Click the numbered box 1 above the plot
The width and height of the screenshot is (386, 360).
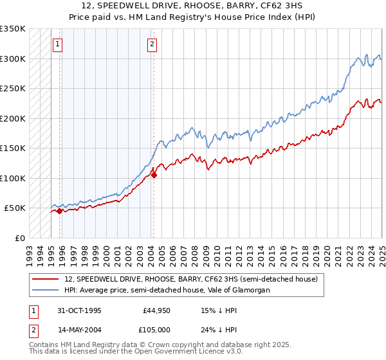click(x=58, y=44)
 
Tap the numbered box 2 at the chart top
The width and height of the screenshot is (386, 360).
click(x=152, y=44)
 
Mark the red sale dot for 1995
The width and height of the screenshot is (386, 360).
click(x=59, y=211)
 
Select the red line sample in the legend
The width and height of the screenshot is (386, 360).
click(x=46, y=280)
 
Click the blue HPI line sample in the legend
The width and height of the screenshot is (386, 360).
click(x=46, y=291)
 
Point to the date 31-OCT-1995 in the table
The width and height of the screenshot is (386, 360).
click(x=80, y=310)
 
